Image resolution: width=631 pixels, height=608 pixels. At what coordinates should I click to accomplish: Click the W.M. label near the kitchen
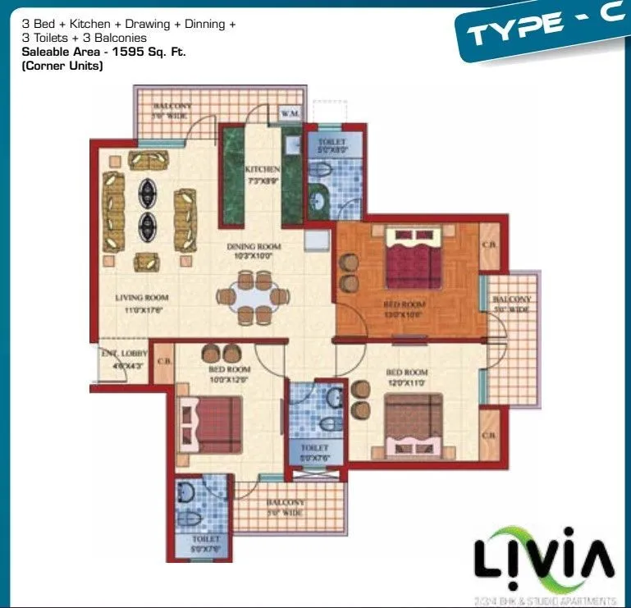tap(289, 112)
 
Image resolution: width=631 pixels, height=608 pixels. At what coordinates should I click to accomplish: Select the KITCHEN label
tap(262, 169)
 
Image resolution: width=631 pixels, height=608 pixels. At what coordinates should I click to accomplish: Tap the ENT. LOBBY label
tap(118, 358)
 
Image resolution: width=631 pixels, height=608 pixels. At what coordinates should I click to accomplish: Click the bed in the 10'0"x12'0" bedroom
tap(213, 424)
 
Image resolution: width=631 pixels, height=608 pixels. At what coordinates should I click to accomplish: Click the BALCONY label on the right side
tap(512, 304)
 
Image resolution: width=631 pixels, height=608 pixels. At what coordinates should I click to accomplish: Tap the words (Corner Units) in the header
tap(62, 66)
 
